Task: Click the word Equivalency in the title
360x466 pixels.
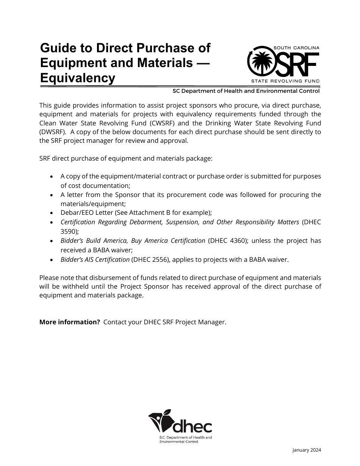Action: click(x=77, y=78)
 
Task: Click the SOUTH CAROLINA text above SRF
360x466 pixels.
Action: click(x=296, y=48)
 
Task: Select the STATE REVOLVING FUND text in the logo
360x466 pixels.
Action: click(x=285, y=81)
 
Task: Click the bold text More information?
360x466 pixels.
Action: click(x=70, y=322)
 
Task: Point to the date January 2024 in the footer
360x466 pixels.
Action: click(x=307, y=450)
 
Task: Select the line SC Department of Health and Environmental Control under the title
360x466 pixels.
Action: click(x=246, y=91)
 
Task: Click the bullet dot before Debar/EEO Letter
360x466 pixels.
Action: click(x=52, y=213)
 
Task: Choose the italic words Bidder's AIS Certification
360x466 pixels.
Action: click(x=95, y=259)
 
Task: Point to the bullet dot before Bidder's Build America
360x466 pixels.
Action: click(x=52, y=241)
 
